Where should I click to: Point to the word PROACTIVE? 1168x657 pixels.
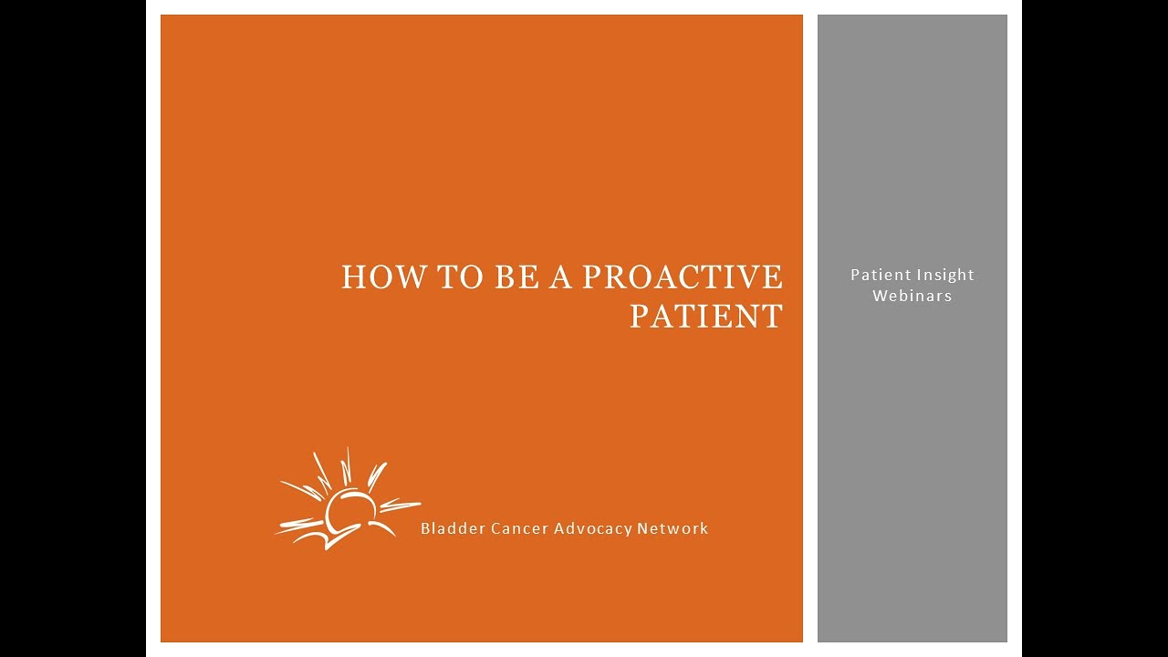pyautogui.click(x=682, y=277)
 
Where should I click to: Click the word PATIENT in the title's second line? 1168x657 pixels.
pyautogui.click(x=706, y=317)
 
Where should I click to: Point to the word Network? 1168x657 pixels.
pyautogui.click(x=673, y=528)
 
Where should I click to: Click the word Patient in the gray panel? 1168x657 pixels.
pyautogui.click(x=879, y=275)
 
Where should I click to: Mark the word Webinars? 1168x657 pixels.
pyautogui.click(x=912, y=296)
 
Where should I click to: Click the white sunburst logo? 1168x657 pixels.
pyautogui.click(x=346, y=502)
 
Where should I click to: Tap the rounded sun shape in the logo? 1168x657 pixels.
pyautogui.click(x=351, y=512)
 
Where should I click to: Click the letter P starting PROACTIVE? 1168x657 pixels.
pyautogui.click(x=591, y=277)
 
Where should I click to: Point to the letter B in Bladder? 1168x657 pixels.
pyautogui.click(x=425, y=528)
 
